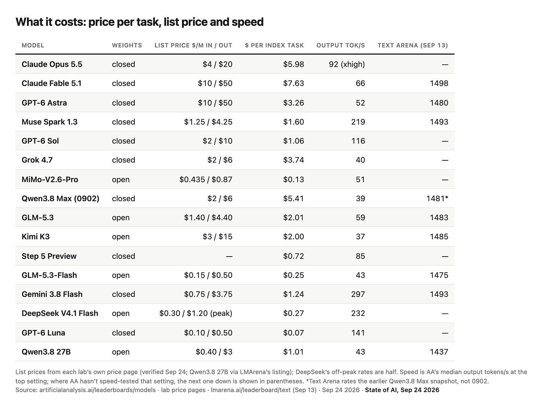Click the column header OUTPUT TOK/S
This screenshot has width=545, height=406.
341,45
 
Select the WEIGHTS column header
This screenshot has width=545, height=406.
127,45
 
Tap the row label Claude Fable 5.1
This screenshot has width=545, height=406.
52,84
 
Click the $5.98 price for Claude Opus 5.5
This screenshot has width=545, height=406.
293,64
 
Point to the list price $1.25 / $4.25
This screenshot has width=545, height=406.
208,122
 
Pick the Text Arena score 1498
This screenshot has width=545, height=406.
439,84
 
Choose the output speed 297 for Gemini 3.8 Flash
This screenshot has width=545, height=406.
358,294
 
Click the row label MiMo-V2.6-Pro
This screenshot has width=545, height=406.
50,179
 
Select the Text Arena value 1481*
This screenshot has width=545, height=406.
437,199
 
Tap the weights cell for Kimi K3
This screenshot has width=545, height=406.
121,237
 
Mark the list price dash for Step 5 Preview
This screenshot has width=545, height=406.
229,256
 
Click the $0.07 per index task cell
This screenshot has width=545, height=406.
293,333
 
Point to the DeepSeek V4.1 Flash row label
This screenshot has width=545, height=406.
60,313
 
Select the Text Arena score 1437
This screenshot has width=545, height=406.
439,352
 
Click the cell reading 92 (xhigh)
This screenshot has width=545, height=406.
347,64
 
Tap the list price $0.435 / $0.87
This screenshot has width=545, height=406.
205,179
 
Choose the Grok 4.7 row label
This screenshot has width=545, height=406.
37,160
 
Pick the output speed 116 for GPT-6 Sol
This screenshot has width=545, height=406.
358,141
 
